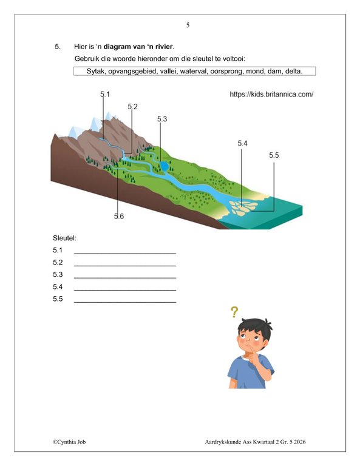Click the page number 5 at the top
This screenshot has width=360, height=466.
(x=188, y=25)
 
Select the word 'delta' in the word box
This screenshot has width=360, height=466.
(x=289, y=71)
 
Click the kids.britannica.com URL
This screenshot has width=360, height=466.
(x=271, y=95)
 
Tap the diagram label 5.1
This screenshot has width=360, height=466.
(x=105, y=94)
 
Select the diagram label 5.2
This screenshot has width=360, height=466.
(x=132, y=107)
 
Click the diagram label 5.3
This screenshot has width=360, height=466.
(x=161, y=119)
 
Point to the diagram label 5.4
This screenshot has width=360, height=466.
(x=243, y=143)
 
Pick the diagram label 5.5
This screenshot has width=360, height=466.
(x=274, y=156)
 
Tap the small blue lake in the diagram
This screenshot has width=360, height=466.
(x=163, y=166)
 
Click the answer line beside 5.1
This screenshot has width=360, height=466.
(x=124, y=252)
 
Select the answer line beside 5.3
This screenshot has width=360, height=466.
(x=124, y=276)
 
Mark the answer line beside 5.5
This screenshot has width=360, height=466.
(x=124, y=301)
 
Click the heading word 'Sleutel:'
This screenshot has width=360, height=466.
(x=64, y=238)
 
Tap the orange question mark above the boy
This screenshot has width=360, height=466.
(x=234, y=312)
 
